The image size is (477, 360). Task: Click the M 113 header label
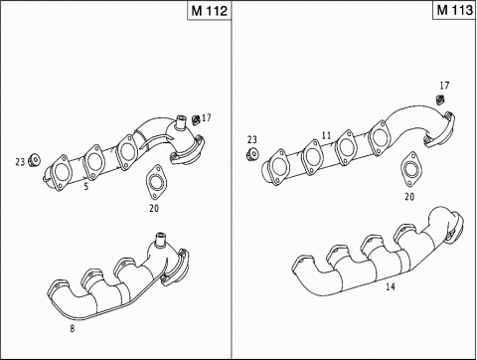[x=452, y=11]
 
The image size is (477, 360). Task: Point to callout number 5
[x=86, y=185]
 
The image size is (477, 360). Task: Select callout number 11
[x=325, y=135]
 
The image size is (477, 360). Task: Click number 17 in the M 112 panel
[x=207, y=117]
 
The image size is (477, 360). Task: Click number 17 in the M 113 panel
[x=443, y=86]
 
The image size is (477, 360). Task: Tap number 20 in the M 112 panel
[x=153, y=208]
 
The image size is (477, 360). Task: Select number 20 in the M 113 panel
[x=409, y=196]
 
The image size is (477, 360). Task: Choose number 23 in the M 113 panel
[x=252, y=140]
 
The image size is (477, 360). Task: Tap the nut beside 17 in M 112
[x=196, y=119]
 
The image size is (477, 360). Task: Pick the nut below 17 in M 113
[x=439, y=99]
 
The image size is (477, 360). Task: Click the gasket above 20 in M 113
[x=409, y=171]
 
